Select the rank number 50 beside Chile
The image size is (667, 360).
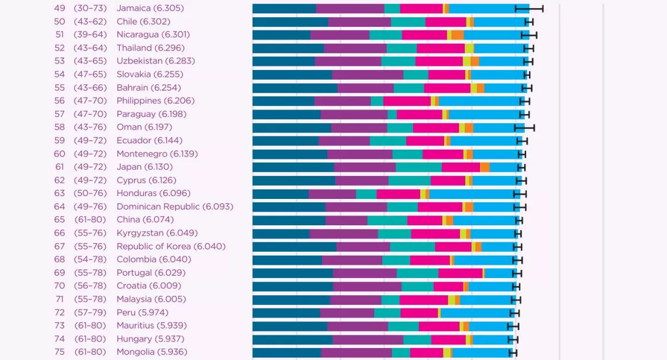(x=60, y=21)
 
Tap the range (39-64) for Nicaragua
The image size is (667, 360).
(x=90, y=34)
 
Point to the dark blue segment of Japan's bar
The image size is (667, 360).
(x=293, y=167)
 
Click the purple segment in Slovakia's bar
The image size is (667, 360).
(x=367, y=75)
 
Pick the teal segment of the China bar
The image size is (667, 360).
(x=387, y=220)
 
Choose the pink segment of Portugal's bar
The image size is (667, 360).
(x=460, y=273)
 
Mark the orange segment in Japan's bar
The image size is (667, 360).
(x=485, y=167)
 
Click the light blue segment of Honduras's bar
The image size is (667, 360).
(x=474, y=194)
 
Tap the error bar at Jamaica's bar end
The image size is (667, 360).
(x=529, y=9)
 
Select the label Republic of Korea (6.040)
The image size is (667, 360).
(x=171, y=246)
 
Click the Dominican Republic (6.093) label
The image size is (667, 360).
(x=175, y=206)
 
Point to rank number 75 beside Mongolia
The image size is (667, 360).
(x=60, y=352)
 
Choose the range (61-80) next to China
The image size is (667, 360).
(x=90, y=220)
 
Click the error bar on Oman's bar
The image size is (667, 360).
(x=524, y=127)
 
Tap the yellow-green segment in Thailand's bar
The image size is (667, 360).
(x=469, y=48)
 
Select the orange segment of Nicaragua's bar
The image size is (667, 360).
(x=457, y=35)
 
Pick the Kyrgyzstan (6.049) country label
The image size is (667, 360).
(x=157, y=233)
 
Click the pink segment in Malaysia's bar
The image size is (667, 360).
(x=423, y=299)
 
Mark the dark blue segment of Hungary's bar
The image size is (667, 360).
(x=292, y=339)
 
